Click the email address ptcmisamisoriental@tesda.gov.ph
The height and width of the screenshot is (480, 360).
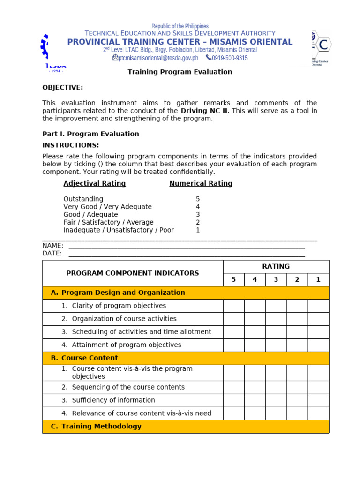pos(158,58)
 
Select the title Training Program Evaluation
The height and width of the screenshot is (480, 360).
pos(180,72)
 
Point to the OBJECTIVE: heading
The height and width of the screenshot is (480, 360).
pos(63,87)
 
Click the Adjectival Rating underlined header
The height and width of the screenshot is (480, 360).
pos(95,183)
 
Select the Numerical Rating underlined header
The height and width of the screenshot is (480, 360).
pos(201,183)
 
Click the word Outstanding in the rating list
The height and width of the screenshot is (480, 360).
pos(83,199)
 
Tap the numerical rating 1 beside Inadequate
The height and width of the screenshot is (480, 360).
pos(198,230)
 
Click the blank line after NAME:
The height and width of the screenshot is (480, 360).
pos(187,246)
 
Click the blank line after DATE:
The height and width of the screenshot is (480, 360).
pos(187,254)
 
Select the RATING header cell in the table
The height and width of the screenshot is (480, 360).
pos(276,266)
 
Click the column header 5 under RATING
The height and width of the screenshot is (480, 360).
pos(233,280)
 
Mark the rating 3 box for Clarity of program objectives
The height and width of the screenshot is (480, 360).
pos(276,306)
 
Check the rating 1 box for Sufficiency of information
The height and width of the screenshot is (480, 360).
pos(318,400)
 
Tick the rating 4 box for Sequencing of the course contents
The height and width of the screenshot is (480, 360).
pos(255,387)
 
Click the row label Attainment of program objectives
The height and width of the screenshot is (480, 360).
pos(127,345)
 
